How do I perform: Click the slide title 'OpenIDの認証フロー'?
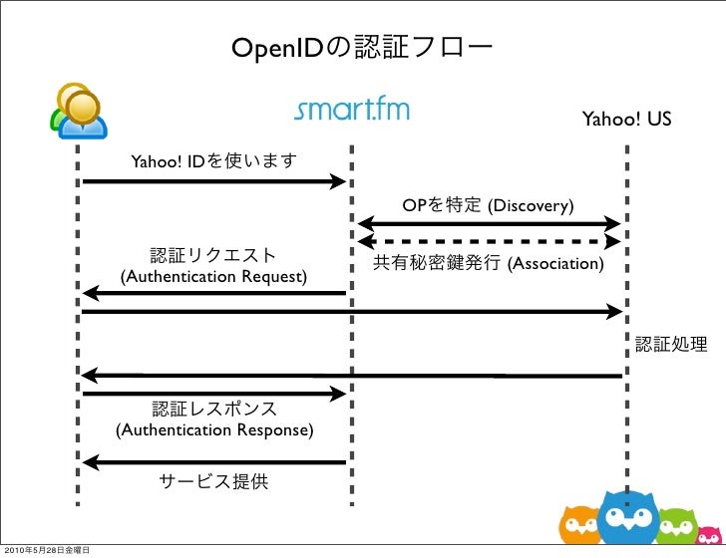pos(362,48)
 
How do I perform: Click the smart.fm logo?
pos(352,110)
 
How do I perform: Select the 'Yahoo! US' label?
pos(626,119)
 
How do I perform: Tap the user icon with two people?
pos(78,111)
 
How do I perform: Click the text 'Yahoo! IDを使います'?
pos(213,161)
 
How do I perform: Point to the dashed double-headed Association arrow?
pos(489,241)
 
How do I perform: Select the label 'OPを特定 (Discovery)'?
pos(488,205)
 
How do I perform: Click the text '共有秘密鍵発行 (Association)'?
pos(489,263)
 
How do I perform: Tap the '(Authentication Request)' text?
pos(213,277)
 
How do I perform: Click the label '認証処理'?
pos(671,344)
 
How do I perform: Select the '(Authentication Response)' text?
pos(214,429)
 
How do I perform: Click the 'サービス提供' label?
pos(213,481)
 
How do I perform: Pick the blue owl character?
pos(628,518)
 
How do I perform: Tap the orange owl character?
pos(579,525)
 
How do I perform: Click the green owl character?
pos(677,526)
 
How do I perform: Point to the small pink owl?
pos(709,536)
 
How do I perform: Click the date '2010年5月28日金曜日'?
pos(47,550)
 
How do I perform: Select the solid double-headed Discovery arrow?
pos(489,224)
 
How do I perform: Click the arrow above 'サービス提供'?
pos(213,462)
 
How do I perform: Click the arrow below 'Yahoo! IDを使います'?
pos(213,181)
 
